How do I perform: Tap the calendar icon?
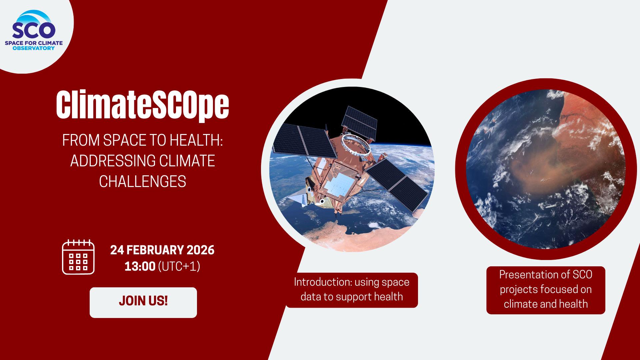[x=78, y=257]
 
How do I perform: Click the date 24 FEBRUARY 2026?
[x=162, y=250]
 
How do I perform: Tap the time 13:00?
[x=140, y=266]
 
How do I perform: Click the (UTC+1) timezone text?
[x=179, y=266]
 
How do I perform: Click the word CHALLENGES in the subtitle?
[x=143, y=182]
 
